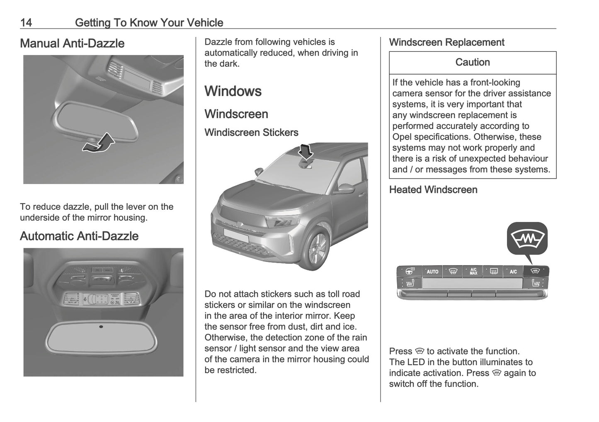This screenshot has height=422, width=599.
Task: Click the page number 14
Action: click(26, 22)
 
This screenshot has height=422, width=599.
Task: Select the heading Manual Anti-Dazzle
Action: click(72, 44)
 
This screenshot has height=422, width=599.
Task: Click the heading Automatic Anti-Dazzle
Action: click(79, 236)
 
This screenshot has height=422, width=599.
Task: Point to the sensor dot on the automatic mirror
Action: click(101, 327)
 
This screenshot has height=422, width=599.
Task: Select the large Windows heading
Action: click(233, 91)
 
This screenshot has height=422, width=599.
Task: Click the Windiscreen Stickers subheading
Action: click(251, 133)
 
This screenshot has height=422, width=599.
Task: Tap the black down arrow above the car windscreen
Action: click(306, 152)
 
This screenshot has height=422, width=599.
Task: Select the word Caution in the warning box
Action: click(473, 63)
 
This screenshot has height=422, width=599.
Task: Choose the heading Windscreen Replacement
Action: click(446, 43)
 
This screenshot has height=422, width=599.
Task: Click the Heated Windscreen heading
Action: click(433, 190)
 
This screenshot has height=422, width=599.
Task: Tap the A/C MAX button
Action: click(473, 272)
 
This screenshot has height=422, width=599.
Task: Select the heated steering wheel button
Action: click(409, 272)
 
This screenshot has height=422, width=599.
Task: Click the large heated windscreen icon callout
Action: click(527, 238)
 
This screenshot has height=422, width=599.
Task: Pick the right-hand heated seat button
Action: click(536, 284)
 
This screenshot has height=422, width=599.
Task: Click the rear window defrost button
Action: click(494, 272)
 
